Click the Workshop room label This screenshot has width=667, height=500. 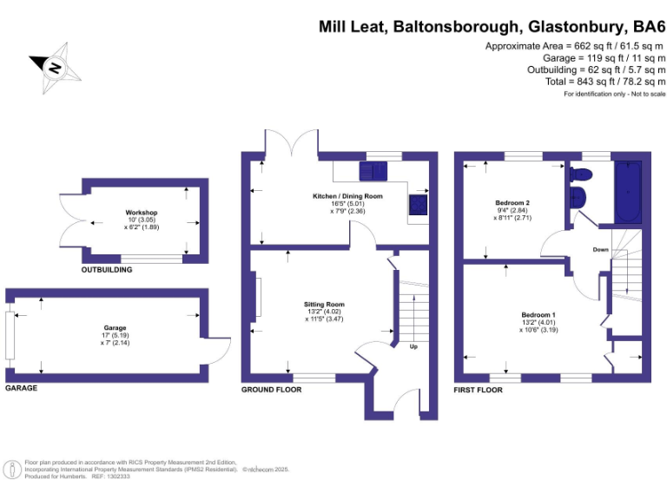point(141,213)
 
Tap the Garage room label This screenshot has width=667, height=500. point(109,328)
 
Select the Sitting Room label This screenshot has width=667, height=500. point(324,305)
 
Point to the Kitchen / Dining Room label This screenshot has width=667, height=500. point(347,196)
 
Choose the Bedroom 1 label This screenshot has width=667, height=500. point(538,314)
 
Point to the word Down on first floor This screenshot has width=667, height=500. point(600,249)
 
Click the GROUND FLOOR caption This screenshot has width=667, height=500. point(271,390)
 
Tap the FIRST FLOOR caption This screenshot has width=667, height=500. point(479,390)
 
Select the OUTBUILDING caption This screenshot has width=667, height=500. point(107,270)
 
